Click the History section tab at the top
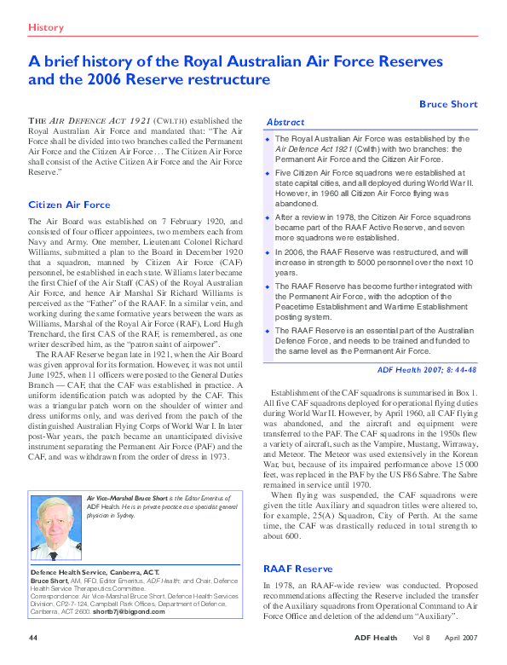46,27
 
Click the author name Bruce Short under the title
448,104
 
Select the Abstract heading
285,122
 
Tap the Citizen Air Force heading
69,205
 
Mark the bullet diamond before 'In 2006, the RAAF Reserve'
268,253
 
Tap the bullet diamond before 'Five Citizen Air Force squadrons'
268,172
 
